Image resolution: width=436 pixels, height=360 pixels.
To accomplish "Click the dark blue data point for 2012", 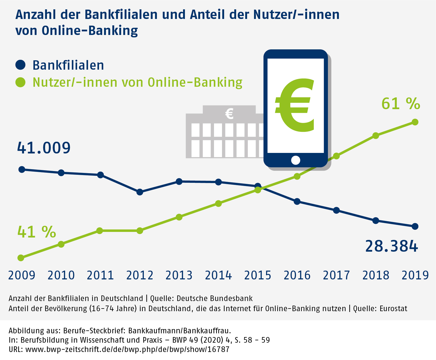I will point(140,192).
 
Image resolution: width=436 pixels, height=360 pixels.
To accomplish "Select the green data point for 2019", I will point(415,122).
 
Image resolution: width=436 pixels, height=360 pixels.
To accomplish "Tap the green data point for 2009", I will point(21,258).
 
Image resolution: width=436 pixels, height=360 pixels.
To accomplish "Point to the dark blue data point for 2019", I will point(415,227).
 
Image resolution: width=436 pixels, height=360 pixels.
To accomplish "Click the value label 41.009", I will point(44,148).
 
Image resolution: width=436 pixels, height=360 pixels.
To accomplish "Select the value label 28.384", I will point(391,246).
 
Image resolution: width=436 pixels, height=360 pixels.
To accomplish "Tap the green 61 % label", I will point(401,104).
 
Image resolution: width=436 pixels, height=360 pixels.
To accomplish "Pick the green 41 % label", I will point(37,232).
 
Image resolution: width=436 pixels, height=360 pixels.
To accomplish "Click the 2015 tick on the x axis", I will point(257,275).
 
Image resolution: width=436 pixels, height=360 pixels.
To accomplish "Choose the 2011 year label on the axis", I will point(100,275).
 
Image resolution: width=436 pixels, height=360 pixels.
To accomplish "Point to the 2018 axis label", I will point(376,275).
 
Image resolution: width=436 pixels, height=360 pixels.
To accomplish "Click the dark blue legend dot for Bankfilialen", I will point(21,65).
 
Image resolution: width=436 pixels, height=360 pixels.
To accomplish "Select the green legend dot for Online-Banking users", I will point(21,82).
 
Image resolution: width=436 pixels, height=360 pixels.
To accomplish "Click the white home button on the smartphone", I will point(296,160).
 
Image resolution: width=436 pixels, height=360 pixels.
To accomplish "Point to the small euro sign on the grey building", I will point(229,114).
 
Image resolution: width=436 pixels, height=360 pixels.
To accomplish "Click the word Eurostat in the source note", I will point(393,308).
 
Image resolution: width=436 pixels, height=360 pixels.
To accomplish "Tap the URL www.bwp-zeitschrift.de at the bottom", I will point(127,349).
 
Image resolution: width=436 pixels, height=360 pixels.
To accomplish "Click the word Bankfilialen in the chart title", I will point(121,14).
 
